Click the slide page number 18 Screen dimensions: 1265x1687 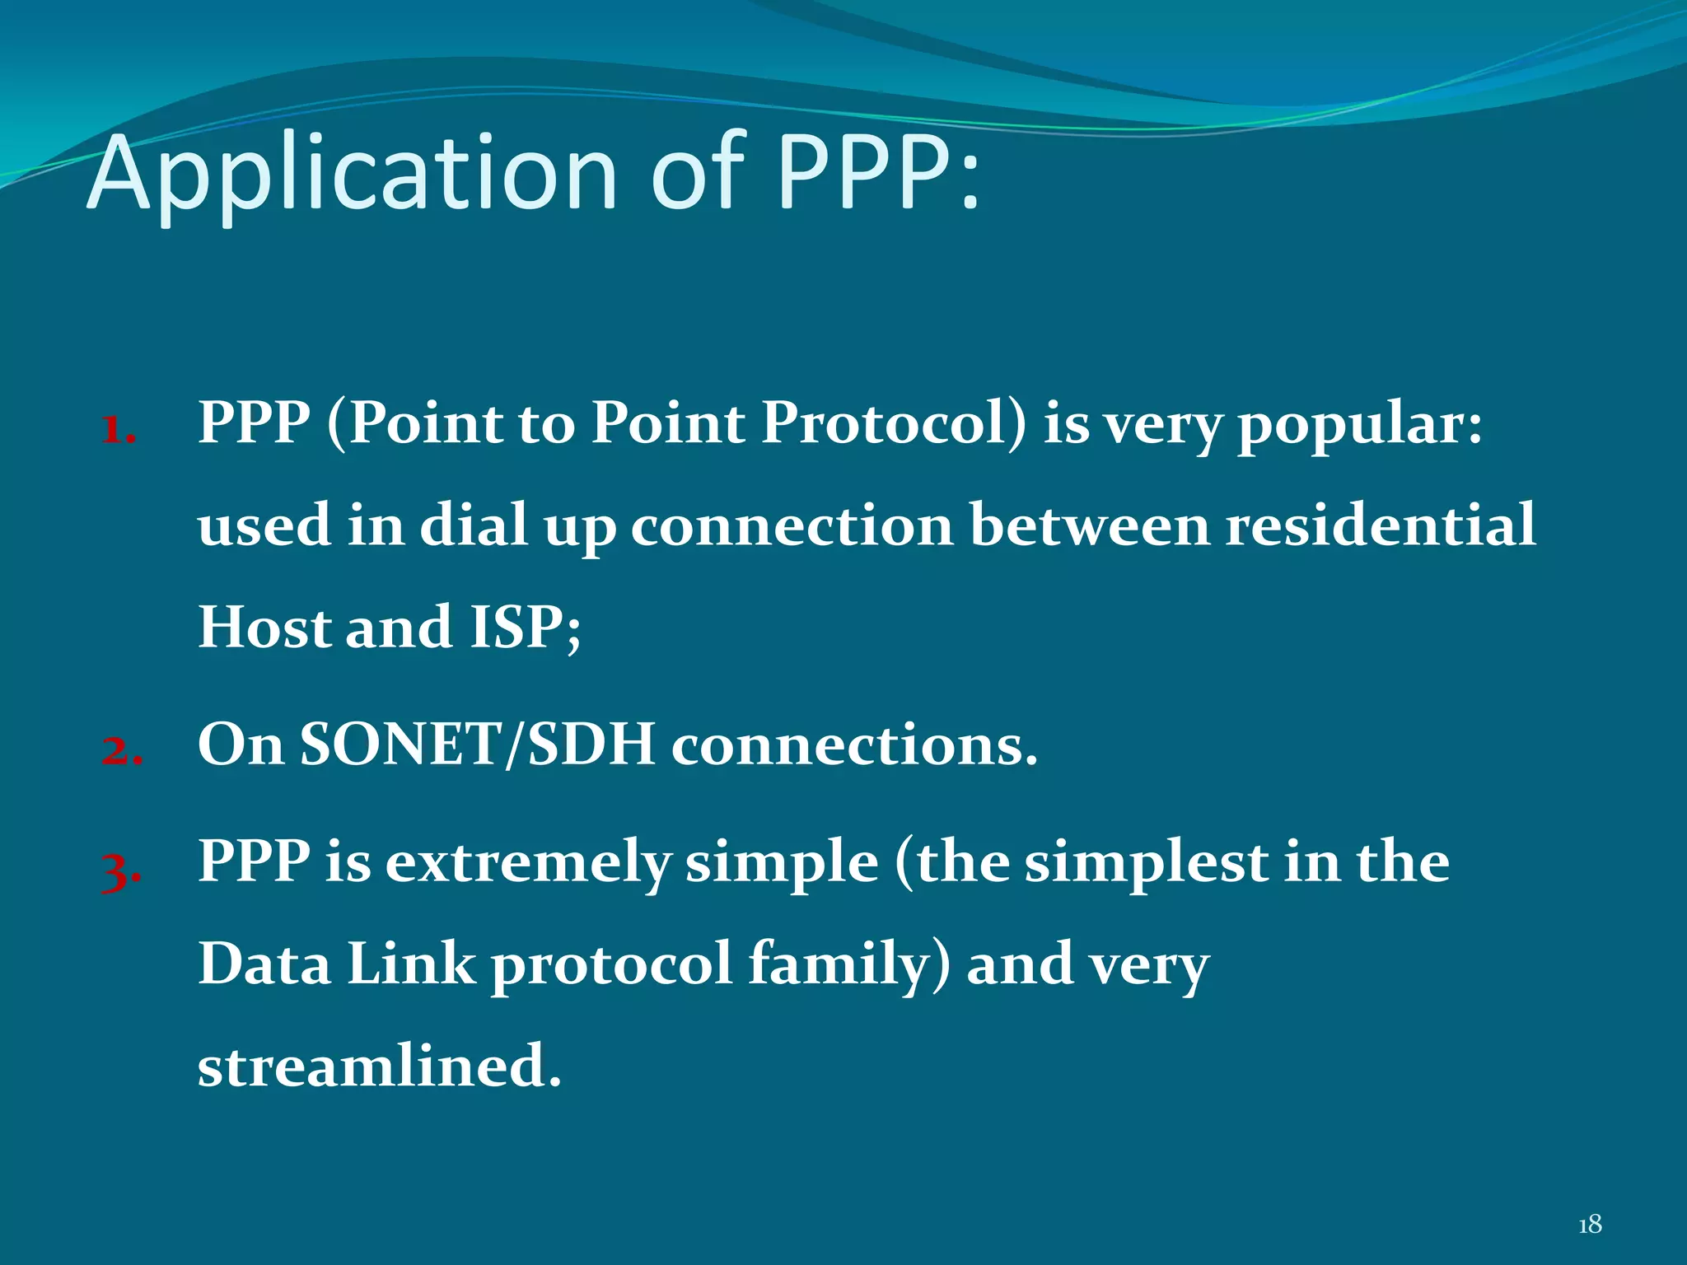[1590, 1225]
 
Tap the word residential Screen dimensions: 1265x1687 [1381, 525]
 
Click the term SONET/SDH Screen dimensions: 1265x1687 [477, 745]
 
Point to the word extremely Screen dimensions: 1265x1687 [528, 864]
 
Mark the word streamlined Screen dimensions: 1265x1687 [379, 1066]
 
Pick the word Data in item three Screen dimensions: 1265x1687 [264, 964]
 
